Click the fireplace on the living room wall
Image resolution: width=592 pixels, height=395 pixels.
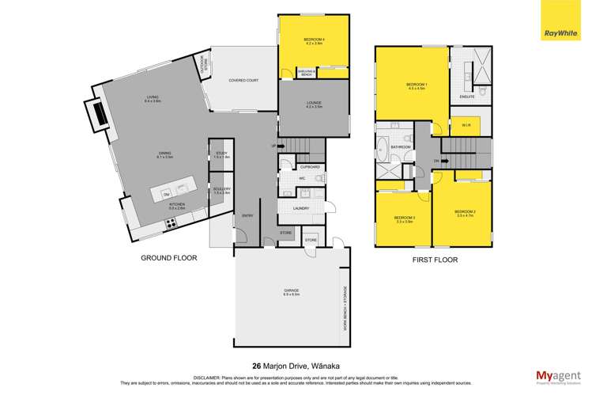pos(98,114)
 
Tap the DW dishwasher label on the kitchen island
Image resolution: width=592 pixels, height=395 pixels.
pos(166,193)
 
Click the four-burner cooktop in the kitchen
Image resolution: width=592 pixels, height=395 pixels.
pos(170,223)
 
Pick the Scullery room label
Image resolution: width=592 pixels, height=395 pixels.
pos(221,191)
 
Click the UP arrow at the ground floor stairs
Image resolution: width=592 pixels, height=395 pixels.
pos(274,146)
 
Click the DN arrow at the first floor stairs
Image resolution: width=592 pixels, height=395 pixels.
pos(436,162)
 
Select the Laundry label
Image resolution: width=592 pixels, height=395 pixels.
pos(300,209)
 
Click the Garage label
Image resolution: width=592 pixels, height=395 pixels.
pos(292,291)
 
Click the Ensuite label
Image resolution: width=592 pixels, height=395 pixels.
pos(466,97)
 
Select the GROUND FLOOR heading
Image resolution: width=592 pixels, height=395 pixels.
pos(168,258)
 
